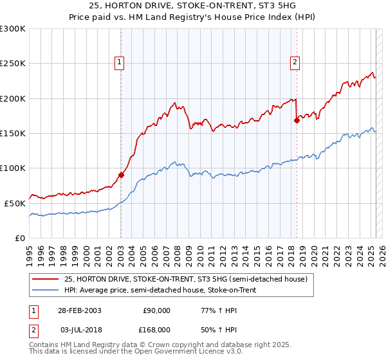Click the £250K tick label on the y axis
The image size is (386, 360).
(x=13, y=64)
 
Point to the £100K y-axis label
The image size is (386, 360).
(x=13, y=168)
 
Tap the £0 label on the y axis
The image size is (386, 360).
(x=21, y=238)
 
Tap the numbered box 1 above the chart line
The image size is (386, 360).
(x=120, y=62)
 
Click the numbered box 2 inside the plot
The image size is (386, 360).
(x=295, y=62)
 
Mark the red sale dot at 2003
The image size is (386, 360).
(x=121, y=175)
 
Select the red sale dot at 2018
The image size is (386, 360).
(x=297, y=120)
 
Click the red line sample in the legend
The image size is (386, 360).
(x=46, y=279)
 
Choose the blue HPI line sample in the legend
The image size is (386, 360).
(x=46, y=291)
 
